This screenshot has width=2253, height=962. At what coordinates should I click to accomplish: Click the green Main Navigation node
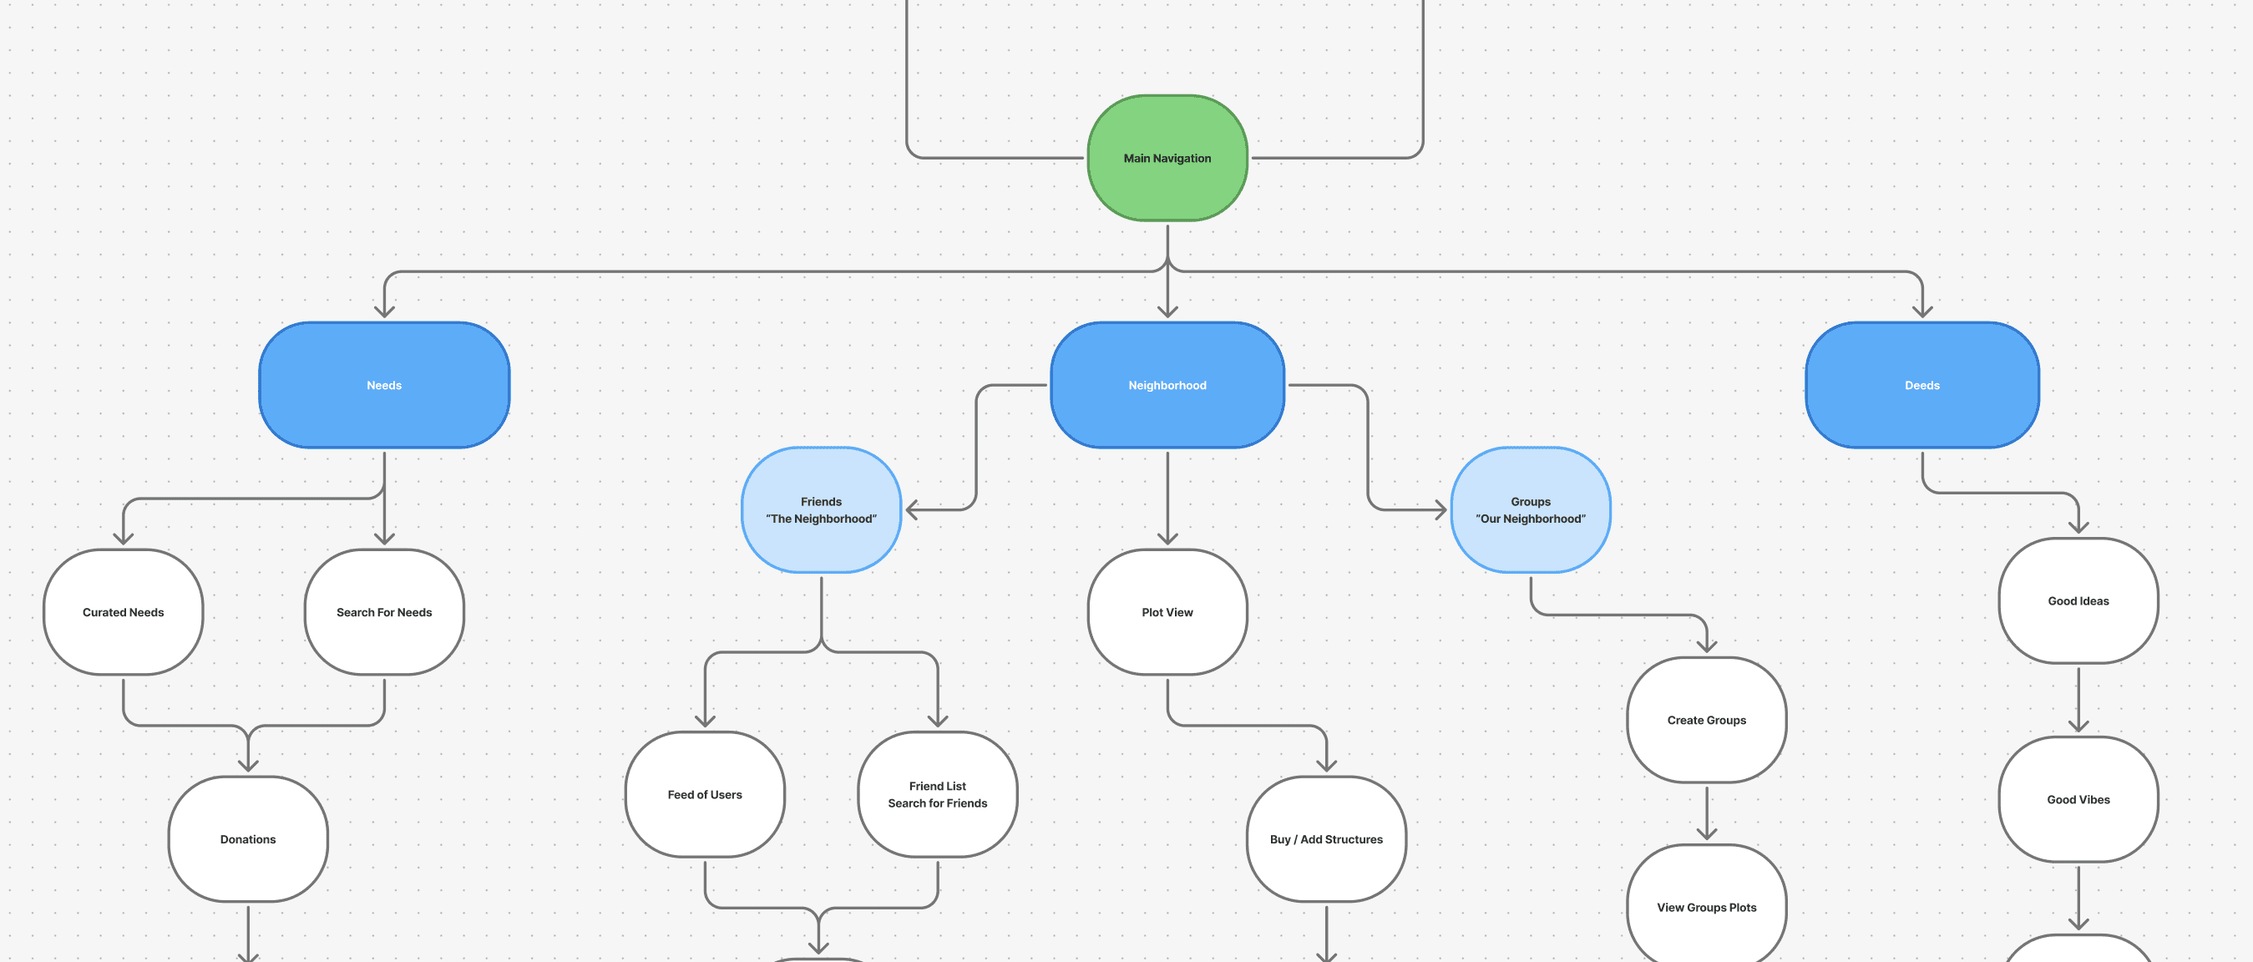click(x=1167, y=159)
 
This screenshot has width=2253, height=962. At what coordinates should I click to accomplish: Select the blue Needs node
click(x=384, y=385)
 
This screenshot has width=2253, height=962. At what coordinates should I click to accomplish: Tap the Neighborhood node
click(x=1167, y=385)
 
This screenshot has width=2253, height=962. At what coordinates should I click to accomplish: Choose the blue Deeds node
click(x=1921, y=385)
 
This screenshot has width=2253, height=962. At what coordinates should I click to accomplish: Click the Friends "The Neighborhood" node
click(x=820, y=510)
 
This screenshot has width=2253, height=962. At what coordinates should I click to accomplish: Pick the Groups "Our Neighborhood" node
click(x=1530, y=510)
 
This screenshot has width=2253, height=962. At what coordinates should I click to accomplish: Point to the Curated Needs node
click(x=124, y=612)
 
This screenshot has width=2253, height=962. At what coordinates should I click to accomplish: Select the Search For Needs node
click(x=384, y=612)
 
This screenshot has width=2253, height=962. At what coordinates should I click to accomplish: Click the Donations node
click(x=247, y=838)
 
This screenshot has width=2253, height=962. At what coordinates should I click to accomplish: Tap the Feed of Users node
click(x=704, y=794)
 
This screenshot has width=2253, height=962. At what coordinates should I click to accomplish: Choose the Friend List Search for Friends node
click(x=937, y=794)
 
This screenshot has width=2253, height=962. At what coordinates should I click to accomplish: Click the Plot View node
click(x=1167, y=612)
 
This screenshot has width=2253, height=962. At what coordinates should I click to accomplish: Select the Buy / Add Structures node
click(x=1326, y=838)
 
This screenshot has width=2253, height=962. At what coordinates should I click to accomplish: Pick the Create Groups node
click(x=1705, y=720)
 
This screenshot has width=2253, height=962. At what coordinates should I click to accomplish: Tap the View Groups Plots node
click(x=1705, y=907)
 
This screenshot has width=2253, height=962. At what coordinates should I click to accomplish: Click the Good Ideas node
click(x=2078, y=600)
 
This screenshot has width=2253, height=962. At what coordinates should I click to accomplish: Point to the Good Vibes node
click(x=2078, y=799)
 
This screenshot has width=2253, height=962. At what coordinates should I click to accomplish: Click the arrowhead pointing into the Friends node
click(x=911, y=510)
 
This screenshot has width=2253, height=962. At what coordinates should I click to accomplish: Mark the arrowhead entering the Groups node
click(x=1440, y=510)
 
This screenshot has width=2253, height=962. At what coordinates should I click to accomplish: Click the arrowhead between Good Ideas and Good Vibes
click(x=2078, y=726)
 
